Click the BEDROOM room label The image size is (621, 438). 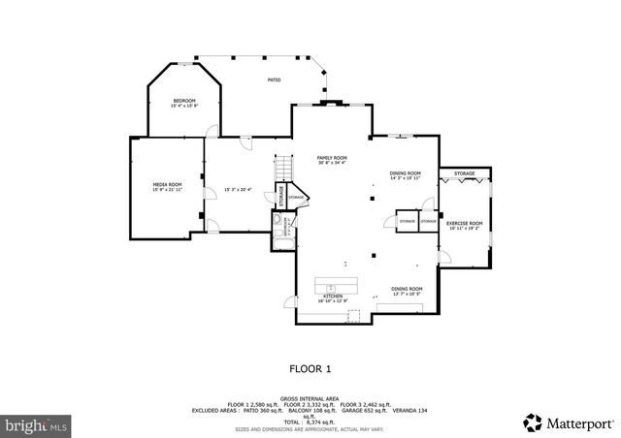coord(184,101)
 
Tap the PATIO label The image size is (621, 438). coord(275,80)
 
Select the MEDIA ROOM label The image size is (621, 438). coord(167,184)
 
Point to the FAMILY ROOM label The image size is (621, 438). coord(332,158)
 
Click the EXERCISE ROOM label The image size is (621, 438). coord(464,224)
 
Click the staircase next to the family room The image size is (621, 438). coord(283,172)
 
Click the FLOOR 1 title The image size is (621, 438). coord(310,368)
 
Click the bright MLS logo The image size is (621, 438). coord(37,424)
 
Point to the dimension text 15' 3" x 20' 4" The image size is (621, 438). coord(238,190)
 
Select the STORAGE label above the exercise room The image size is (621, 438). coord(465,173)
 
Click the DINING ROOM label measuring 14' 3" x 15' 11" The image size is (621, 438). coord(406,172)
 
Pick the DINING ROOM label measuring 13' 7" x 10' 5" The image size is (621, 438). coord(407,289)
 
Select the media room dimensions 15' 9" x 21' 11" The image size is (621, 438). coord(167,190)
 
